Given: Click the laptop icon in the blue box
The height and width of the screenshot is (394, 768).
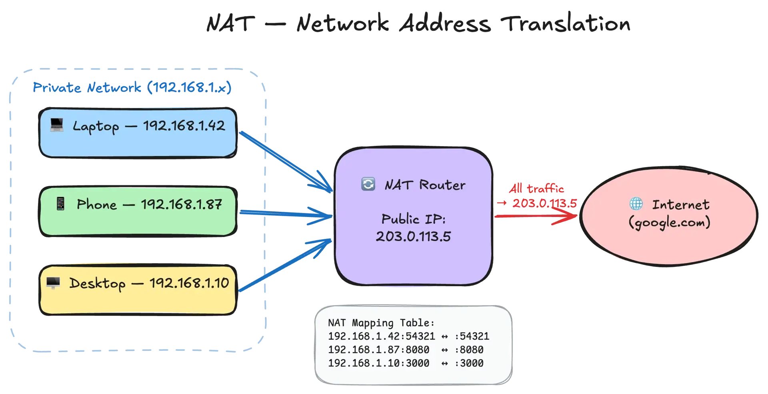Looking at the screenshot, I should [x=57, y=125].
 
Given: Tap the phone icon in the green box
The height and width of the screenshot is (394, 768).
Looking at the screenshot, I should [x=60, y=204].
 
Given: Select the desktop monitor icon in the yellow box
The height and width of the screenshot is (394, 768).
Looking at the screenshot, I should [x=53, y=283].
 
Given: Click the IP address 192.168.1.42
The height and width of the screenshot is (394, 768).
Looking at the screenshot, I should [x=184, y=126].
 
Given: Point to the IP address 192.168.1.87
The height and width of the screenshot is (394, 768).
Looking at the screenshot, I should [x=181, y=205].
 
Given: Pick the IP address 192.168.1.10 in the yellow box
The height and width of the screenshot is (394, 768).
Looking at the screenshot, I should [x=189, y=283].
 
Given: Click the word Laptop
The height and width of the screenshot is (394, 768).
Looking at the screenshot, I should [x=96, y=127].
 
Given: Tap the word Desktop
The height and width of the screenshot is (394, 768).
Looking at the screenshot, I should [x=97, y=284].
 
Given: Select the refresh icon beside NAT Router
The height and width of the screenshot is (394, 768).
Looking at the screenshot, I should [x=368, y=184].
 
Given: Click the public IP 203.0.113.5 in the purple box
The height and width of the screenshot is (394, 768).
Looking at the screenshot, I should [x=413, y=237].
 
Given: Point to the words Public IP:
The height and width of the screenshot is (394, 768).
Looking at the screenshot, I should [x=413, y=219].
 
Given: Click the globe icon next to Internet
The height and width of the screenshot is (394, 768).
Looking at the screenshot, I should [x=636, y=204].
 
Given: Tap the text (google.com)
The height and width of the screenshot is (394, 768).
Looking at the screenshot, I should [x=669, y=222].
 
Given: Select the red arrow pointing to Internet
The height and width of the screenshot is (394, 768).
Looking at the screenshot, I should [x=536, y=217].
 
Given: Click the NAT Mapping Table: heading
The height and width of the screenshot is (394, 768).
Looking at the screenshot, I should [x=381, y=323].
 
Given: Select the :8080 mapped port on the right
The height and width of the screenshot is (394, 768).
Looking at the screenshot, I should [x=469, y=350].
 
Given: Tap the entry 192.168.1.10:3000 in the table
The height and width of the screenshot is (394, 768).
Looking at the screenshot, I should [x=378, y=363].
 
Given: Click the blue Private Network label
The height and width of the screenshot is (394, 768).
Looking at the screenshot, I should [x=132, y=87].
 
